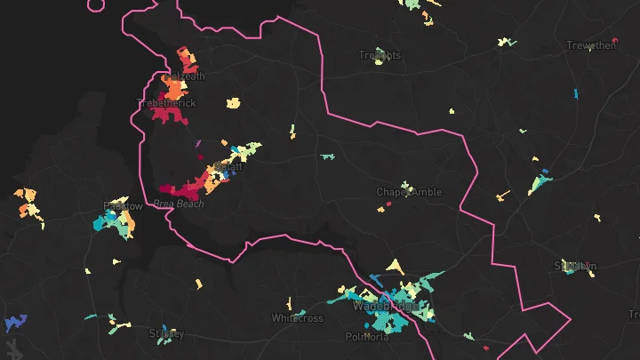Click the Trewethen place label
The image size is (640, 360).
click(x=591, y=45)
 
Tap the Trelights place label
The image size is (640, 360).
click(x=380, y=55)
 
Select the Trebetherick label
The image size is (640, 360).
click(x=166, y=103)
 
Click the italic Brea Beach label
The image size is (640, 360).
click(x=178, y=204)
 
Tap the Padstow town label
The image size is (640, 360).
click(x=123, y=206)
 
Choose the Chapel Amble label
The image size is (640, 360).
click(x=409, y=192)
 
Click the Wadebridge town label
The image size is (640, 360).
click(x=385, y=306)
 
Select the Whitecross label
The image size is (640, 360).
click(x=297, y=318)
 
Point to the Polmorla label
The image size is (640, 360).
click(x=367, y=337)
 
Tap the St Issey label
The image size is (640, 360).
click(x=166, y=334)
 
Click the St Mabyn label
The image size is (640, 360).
click(x=574, y=266)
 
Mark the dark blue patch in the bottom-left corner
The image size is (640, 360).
click(x=15, y=321)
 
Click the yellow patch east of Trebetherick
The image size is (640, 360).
click(x=234, y=102)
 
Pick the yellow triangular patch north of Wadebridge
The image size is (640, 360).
click(x=394, y=266)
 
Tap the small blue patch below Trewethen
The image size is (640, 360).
click(x=576, y=93)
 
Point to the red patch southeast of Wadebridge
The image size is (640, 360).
click(x=487, y=346)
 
